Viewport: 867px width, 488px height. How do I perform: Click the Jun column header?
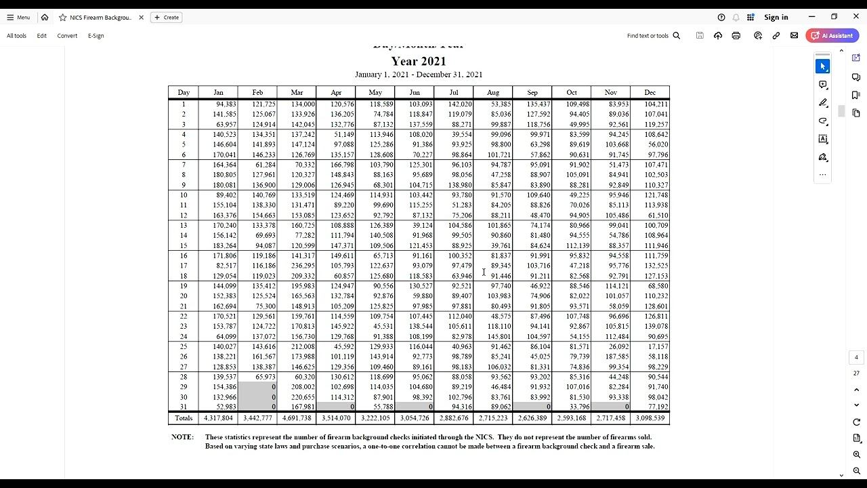coord(415,93)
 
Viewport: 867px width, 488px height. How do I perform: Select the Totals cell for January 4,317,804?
coord(218,418)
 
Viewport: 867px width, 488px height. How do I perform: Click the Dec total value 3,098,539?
coord(650,418)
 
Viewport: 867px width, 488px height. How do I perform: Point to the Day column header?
coord(184,93)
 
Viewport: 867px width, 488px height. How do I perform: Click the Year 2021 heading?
coord(419,61)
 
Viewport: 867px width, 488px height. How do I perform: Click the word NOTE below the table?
coord(182,437)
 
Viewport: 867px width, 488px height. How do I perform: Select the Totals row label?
coord(184,418)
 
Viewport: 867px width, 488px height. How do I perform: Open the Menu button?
coord(18,18)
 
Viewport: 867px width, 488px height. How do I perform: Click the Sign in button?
coord(776,18)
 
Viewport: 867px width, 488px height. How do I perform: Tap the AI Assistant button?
coord(832,36)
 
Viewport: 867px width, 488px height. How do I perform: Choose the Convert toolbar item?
coord(67,36)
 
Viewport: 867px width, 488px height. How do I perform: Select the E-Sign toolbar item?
coord(96,36)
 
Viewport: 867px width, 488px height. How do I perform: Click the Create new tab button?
coord(167,18)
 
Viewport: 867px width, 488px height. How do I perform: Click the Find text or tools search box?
coord(653,36)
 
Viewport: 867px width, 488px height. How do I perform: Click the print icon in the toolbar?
coord(736,36)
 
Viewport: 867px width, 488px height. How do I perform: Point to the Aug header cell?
coord(493,93)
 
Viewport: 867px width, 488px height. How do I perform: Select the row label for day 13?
coord(184,225)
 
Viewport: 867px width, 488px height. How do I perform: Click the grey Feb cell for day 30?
coord(258,397)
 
